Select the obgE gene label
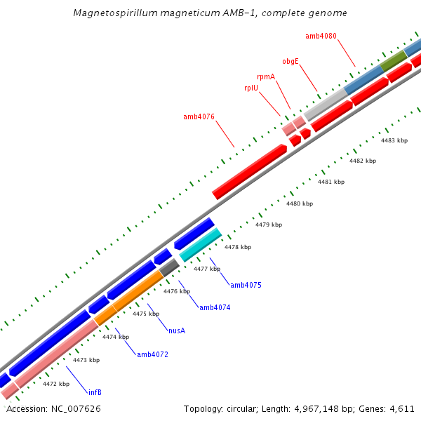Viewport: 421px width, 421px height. [290, 61]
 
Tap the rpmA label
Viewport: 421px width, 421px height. [265, 76]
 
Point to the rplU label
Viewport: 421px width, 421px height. [250, 88]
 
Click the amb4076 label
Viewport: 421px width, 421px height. [199, 116]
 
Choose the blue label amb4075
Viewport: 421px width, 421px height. [246, 285]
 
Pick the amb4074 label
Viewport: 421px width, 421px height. [215, 307]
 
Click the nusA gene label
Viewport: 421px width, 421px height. [177, 330]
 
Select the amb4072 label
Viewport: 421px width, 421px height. [152, 354]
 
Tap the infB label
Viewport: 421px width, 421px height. [95, 392]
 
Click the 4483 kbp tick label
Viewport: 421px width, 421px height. [394, 140]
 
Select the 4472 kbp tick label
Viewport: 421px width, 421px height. [56, 384]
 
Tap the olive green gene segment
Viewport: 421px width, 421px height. [393, 60]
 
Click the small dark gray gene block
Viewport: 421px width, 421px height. [169, 267]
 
